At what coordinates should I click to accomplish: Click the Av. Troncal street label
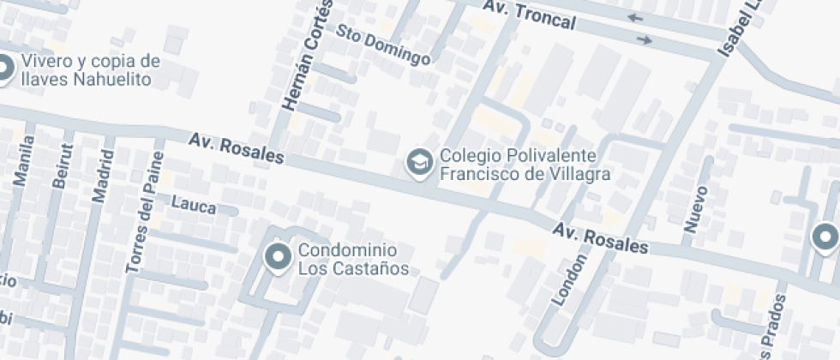coord(528,15)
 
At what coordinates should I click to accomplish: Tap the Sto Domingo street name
coord(382,45)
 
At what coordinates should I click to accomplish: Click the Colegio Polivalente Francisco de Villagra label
coord(525,165)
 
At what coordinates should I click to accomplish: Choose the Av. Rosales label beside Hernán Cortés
coord(236,147)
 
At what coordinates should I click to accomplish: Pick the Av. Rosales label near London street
coord(600,238)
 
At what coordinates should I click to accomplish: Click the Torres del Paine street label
coord(143,212)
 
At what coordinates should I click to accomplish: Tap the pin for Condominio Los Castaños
coord(278,256)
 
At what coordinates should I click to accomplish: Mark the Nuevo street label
coord(695,208)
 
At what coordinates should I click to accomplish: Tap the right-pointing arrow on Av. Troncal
coord(645,39)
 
